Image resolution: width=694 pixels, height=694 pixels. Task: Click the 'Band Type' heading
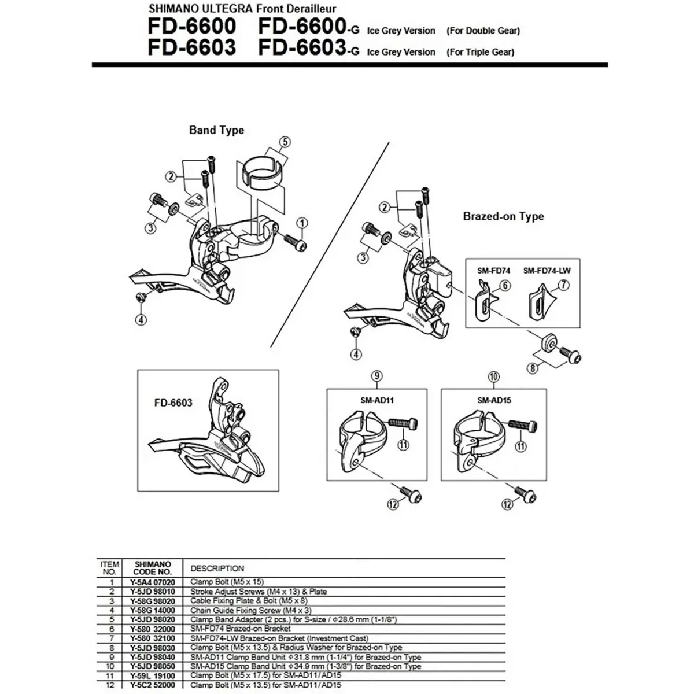click(x=216, y=130)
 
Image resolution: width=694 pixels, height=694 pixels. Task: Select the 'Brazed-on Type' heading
click(x=503, y=216)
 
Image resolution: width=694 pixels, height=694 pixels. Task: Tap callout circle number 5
click(x=284, y=142)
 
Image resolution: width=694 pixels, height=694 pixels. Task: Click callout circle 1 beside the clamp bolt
click(x=302, y=222)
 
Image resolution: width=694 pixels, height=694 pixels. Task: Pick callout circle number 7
click(x=563, y=285)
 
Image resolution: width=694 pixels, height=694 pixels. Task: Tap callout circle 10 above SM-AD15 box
click(x=493, y=376)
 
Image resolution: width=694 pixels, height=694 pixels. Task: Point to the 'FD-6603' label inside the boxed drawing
click(x=173, y=402)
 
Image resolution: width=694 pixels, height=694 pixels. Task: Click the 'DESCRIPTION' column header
click(x=217, y=569)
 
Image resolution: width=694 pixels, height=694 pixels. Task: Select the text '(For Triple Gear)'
click(x=480, y=51)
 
